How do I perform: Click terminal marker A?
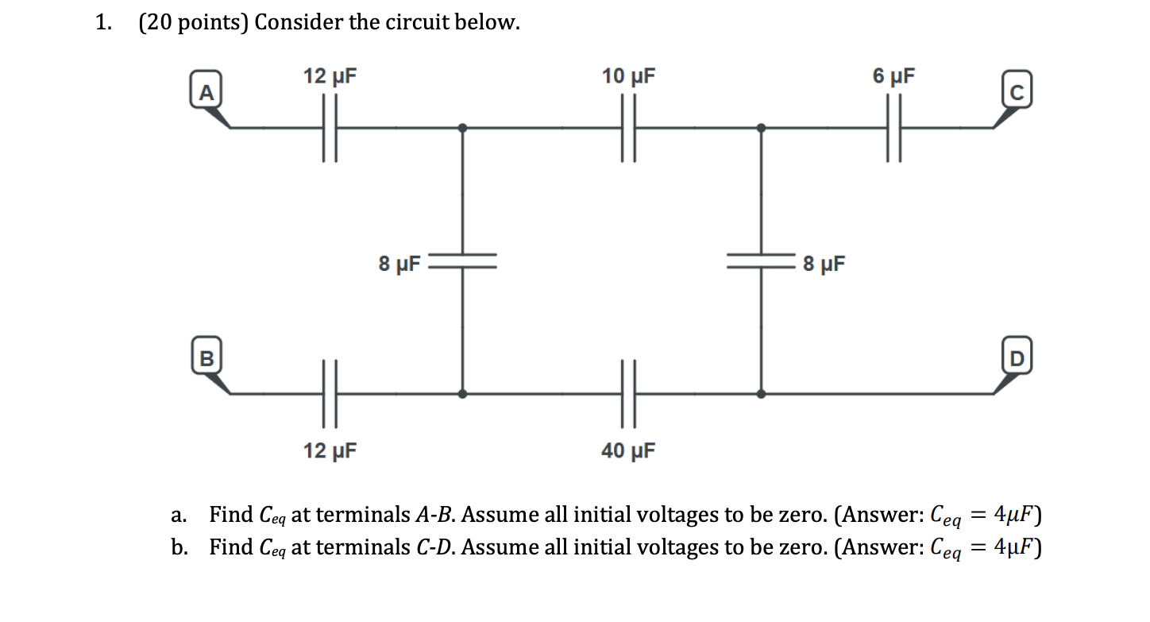(206, 94)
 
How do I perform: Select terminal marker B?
(206, 357)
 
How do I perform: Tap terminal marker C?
(1018, 94)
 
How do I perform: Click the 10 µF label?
(629, 77)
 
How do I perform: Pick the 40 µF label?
(629, 451)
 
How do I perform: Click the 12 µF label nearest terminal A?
(330, 77)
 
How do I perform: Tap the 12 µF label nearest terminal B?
(330, 451)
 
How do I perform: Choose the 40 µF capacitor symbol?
(629, 392)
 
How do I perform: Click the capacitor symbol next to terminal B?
(330, 392)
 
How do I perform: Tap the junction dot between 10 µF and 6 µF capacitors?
(762, 127)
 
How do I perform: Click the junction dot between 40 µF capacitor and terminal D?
(762, 392)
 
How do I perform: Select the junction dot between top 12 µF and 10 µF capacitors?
(464, 127)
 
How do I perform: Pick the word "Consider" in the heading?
(299, 23)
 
